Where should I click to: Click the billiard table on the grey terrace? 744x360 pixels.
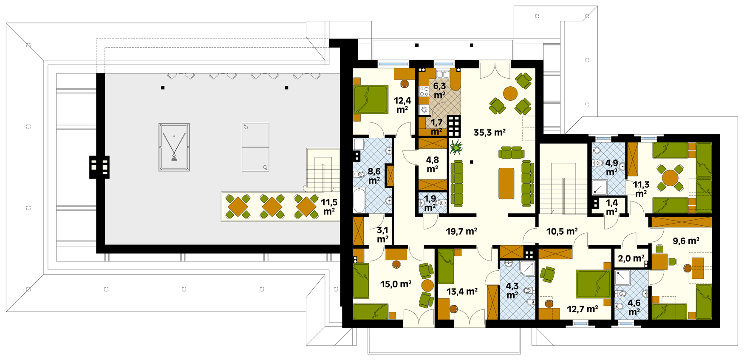pyautogui.click(x=174, y=147)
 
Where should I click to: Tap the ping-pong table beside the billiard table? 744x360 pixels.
pyautogui.click(x=255, y=147)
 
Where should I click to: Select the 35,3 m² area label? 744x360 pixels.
pyautogui.click(x=489, y=132)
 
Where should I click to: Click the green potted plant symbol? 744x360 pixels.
pyautogui.click(x=456, y=147)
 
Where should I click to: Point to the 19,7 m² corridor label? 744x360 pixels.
pyautogui.click(x=461, y=231)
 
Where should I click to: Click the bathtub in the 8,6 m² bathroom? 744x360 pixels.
pyautogui.click(x=359, y=200)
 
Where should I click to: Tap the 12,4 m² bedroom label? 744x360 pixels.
pyautogui.click(x=402, y=105)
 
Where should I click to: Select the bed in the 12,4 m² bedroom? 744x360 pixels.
pyautogui.click(x=371, y=99)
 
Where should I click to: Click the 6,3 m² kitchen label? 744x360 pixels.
pyautogui.click(x=439, y=91)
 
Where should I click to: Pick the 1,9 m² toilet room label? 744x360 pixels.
pyautogui.click(x=430, y=203)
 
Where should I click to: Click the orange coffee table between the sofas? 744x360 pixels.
pyautogui.click(x=506, y=183)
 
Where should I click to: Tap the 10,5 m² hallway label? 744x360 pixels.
pyautogui.click(x=562, y=231)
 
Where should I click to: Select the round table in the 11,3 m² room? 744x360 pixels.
pyautogui.click(x=670, y=177)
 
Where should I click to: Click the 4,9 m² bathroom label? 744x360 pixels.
pyautogui.click(x=611, y=167)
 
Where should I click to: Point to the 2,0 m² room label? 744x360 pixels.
pyautogui.click(x=631, y=258)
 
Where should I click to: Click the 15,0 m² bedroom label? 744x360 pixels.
pyautogui.click(x=396, y=284)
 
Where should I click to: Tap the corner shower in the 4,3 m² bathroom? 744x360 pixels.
pyautogui.click(x=528, y=268)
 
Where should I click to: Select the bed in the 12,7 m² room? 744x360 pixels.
pyautogui.click(x=594, y=284)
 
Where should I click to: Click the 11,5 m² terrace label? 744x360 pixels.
pyautogui.click(x=329, y=207)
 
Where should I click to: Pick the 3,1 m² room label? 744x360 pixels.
pyautogui.click(x=382, y=235)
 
